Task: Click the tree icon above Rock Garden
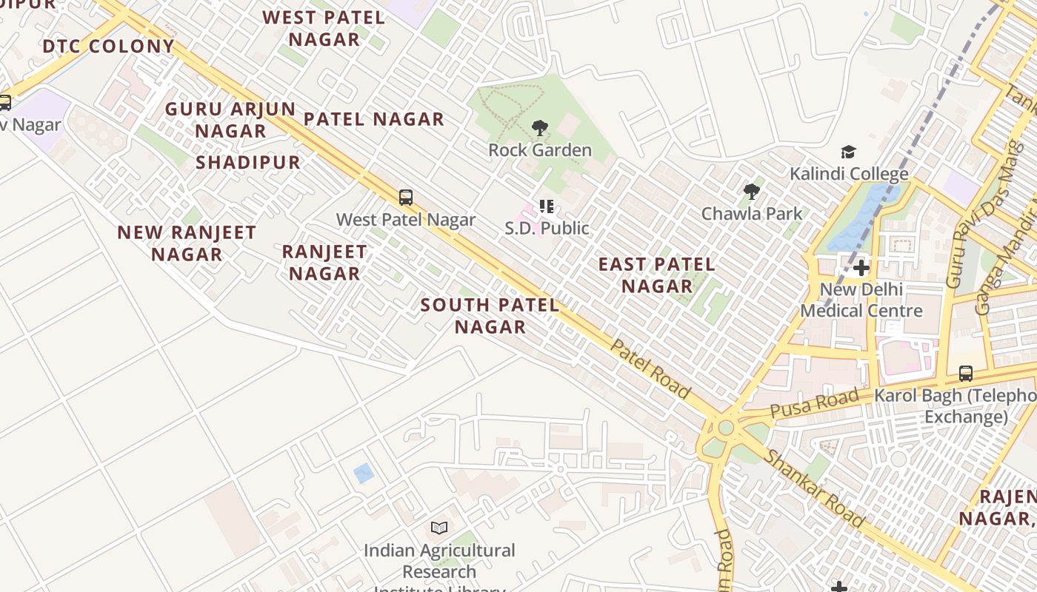[540, 128]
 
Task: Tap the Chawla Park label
[752, 214]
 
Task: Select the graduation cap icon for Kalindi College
[848, 152]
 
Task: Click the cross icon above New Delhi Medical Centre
[861, 267]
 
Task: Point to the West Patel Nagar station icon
[405, 198]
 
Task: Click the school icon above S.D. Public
[547, 206]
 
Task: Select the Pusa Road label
[815, 404]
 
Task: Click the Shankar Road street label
[813, 488]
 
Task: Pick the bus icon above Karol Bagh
[965, 374]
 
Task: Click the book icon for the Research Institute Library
[439, 528]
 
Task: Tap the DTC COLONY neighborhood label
[108, 47]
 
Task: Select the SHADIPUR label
[248, 163]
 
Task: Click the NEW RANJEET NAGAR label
[187, 243]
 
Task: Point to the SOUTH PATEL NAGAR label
[490, 316]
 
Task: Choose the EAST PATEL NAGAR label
[656, 275]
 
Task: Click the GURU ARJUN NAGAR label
[230, 120]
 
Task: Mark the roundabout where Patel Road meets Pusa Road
[725, 428]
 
